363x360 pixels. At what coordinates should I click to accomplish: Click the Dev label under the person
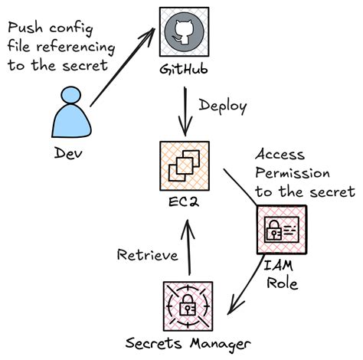[70, 152]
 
